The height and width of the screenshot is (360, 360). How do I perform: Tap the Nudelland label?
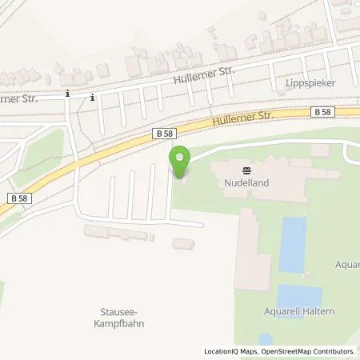[x=246, y=181]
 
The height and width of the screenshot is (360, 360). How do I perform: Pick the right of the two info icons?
[x=92, y=98]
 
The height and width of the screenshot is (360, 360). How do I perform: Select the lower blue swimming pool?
[x=298, y=297]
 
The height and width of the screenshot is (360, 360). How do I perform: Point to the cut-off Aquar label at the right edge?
[x=348, y=263]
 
